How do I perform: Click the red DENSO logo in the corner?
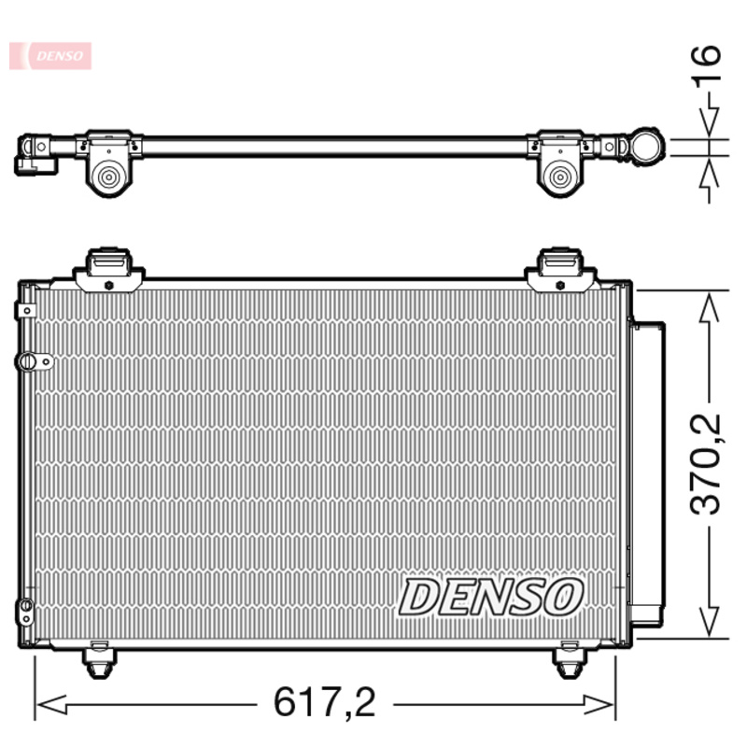[50, 55]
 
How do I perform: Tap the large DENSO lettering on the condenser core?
[491, 597]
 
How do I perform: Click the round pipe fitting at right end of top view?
[646, 147]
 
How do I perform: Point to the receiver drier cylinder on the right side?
[647, 472]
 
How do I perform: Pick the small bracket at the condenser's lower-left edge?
[25, 613]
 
